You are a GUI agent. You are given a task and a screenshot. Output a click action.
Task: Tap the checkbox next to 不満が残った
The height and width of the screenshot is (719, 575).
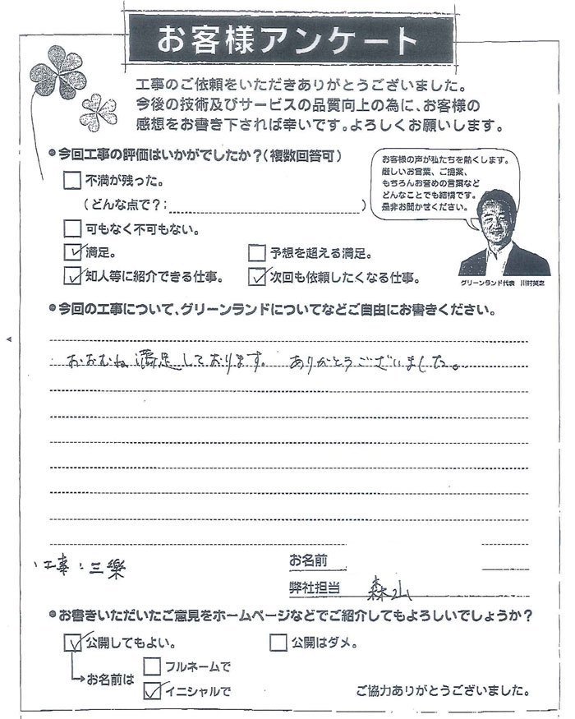(x=72, y=180)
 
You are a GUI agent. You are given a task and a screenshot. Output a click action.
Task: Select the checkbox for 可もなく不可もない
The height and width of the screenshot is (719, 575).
(x=72, y=228)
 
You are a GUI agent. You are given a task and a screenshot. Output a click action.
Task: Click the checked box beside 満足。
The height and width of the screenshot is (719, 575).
(x=72, y=252)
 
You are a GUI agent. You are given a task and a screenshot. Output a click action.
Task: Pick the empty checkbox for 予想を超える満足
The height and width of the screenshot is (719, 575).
(x=257, y=252)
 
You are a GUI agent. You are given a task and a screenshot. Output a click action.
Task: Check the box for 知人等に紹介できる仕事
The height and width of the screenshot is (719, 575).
(x=72, y=276)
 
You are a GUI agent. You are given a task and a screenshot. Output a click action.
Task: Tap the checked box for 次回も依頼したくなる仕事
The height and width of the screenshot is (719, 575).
(x=257, y=276)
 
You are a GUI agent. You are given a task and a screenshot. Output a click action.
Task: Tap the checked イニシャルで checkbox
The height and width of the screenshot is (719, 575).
(x=152, y=690)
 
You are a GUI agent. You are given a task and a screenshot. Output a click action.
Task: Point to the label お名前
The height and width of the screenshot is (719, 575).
(x=308, y=561)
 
